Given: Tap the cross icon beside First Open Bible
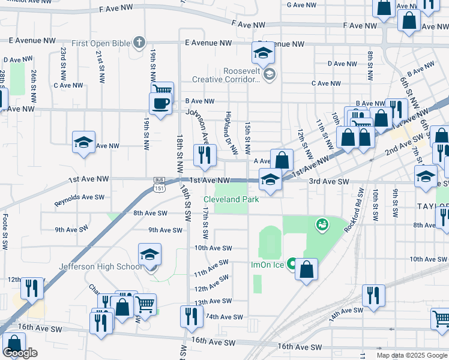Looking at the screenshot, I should tap(139, 42).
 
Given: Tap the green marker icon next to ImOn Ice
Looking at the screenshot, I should tap(292, 263).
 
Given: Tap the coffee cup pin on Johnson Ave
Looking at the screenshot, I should tap(160, 103).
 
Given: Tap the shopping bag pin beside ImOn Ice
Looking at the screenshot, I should tap(306, 269).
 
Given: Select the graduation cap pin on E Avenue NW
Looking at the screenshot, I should tap(262, 54).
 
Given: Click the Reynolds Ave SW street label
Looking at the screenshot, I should tap(79, 197).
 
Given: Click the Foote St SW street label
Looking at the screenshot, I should tap(5, 228).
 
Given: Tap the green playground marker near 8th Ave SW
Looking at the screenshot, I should tap(322, 224).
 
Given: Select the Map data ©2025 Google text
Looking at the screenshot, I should tap(411, 355).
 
